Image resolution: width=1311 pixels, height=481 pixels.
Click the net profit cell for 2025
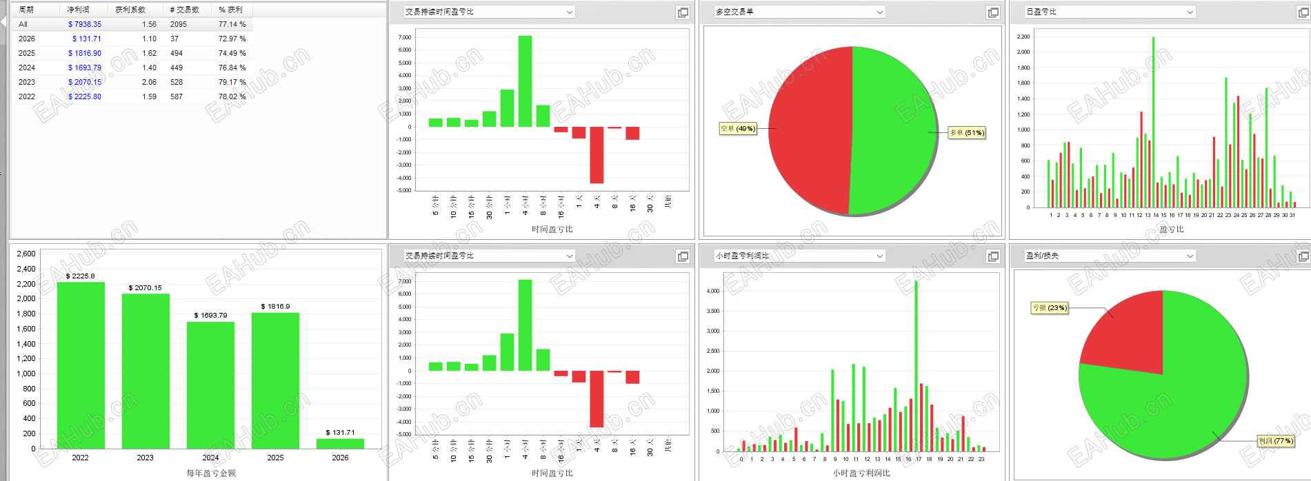(x=85, y=53)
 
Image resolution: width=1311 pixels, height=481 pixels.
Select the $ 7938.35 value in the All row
(x=85, y=24)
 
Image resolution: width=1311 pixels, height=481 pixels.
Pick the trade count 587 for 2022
(x=177, y=96)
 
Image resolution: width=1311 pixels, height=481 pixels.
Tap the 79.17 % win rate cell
(x=232, y=82)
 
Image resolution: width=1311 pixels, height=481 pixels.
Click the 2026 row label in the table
(x=27, y=39)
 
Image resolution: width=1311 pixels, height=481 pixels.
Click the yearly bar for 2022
(x=81, y=365)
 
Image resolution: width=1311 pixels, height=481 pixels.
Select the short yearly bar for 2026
(x=340, y=444)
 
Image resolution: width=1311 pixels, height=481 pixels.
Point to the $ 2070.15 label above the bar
(x=145, y=288)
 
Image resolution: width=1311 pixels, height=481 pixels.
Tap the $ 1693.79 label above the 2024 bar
(x=210, y=315)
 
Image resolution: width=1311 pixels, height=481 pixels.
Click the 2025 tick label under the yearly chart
(x=275, y=458)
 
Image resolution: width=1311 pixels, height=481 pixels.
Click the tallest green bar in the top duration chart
(x=525, y=81)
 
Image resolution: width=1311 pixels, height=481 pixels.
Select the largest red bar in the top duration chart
(x=597, y=154)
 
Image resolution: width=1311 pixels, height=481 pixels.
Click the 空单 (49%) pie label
(x=737, y=128)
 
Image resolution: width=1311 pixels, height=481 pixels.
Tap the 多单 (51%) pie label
(x=967, y=132)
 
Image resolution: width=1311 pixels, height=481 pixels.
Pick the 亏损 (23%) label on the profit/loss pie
(x=1049, y=308)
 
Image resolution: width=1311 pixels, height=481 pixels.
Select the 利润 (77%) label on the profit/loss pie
(x=1276, y=441)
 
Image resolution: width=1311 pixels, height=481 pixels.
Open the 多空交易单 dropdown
(x=799, y=12)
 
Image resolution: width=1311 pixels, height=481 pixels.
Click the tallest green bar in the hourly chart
(x=916, y=365)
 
